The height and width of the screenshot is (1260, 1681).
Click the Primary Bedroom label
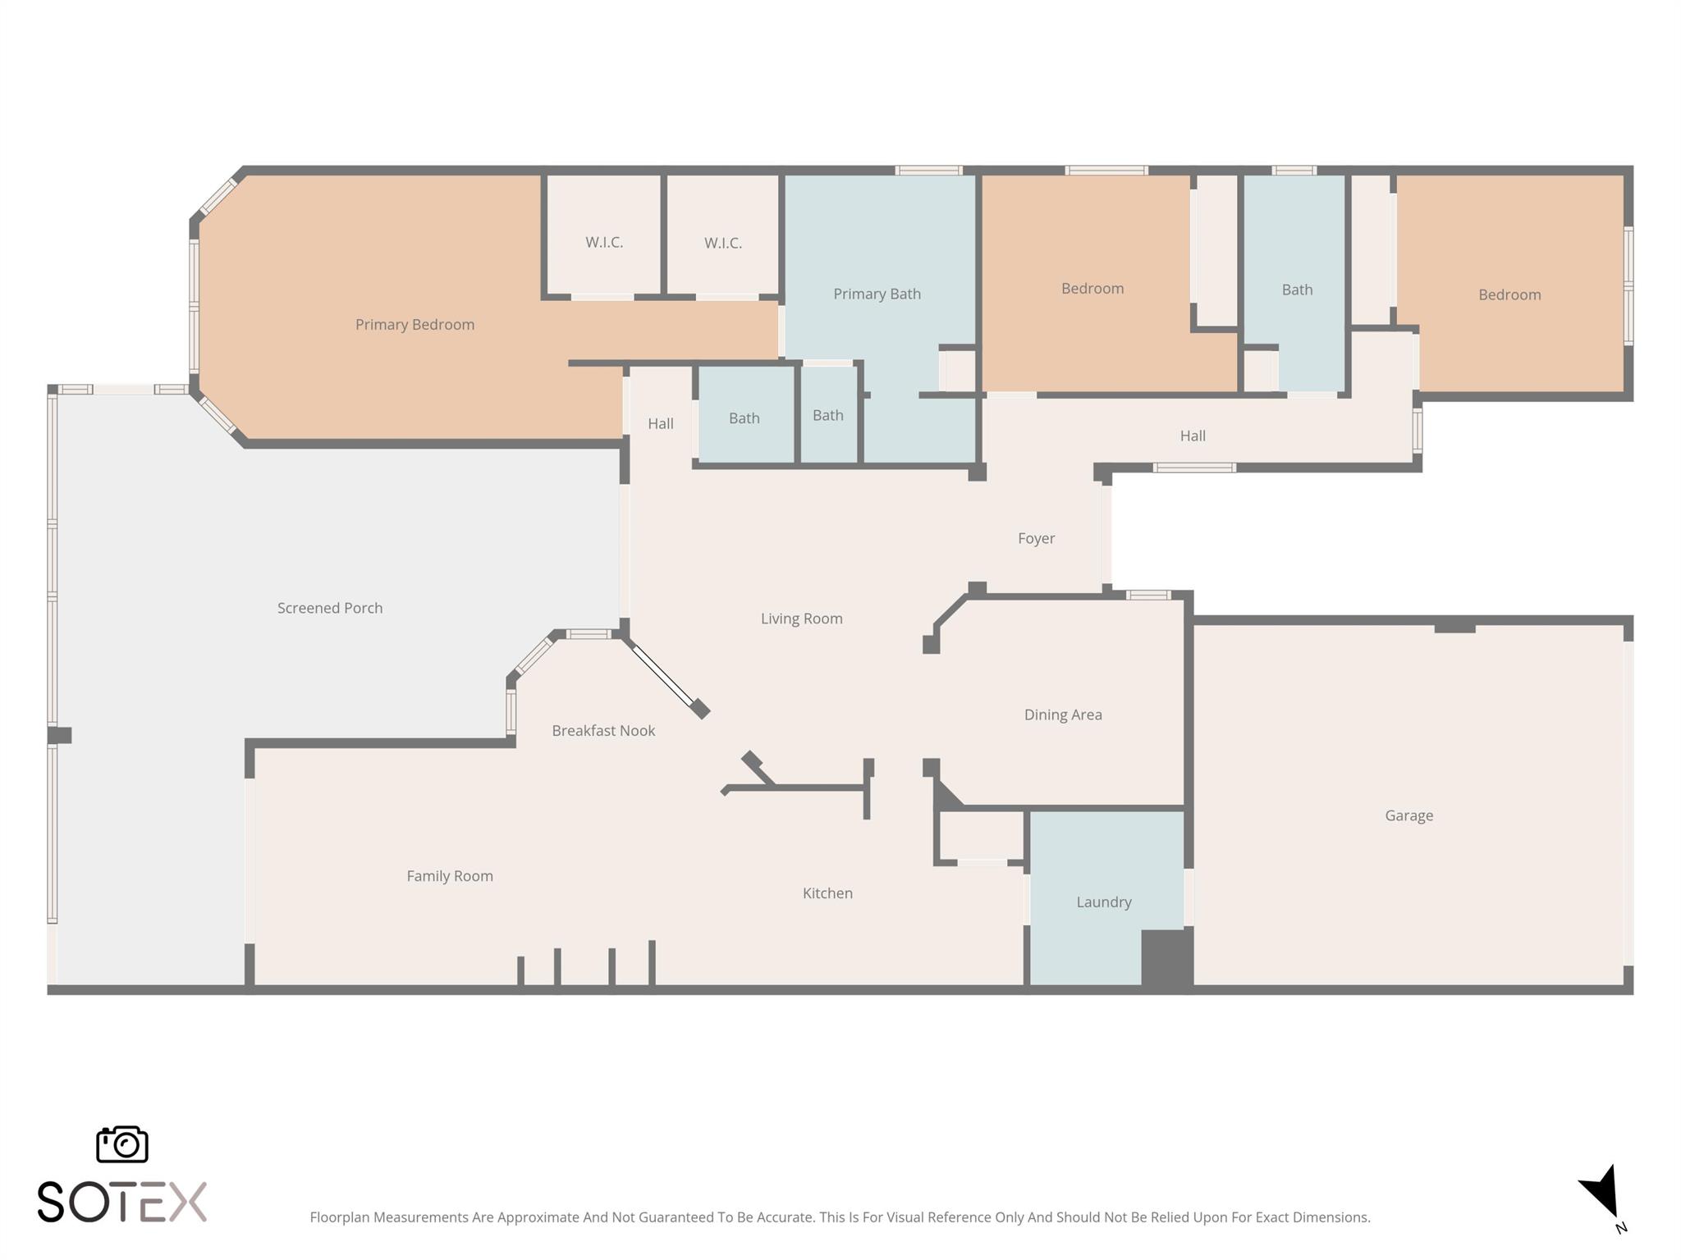pyautogui.click(x=415, y=325)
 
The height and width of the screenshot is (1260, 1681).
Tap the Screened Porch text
pyautogui.click(x=330, y=608)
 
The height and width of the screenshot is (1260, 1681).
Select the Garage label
pyautogui.click(x=1408, y=815)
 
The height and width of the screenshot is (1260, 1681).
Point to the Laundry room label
pyautogui.click(x=1103, y=902)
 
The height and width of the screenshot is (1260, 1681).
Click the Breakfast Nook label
pyautogui.click(x=603, y=731)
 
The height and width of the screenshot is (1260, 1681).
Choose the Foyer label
pyautogui.click(x=1036, y=538)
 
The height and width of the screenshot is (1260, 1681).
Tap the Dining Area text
pyautogui.click(x=1063, y=714)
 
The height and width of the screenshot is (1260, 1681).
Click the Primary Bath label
pyautogui.click(x=877, y=294)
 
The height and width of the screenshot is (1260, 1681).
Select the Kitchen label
pyautogui.click(x=827, y=893)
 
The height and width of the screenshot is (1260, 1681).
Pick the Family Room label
pyautogui.click(x=450, y=876)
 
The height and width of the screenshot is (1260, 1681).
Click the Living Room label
pyautogui.click(x=801, y=619)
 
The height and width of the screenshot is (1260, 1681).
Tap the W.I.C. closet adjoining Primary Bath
pyautogui.click(x=722, y=243)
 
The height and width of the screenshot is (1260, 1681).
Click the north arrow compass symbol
pyautogui.click(x=1601, y=1194)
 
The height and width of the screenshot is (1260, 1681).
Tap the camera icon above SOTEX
pyautogui.click(x=122, y=1144)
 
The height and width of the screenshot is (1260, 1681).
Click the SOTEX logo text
pyautogui.click(x=122, y=1203)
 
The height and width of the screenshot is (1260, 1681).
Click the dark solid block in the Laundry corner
pyautogui.click(x=1166, y=957)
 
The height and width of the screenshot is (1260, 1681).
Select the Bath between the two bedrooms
pyautogui.click(x=1297, y=290)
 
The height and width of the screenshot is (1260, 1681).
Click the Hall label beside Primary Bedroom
pyautogui.click(x=660, y=423)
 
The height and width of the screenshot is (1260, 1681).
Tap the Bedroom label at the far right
pyautogui.click(x=1509, y=294)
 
